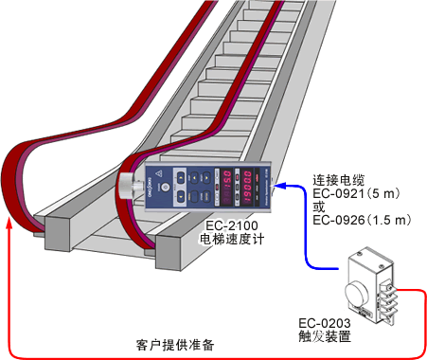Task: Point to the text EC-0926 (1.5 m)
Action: [363, 221]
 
